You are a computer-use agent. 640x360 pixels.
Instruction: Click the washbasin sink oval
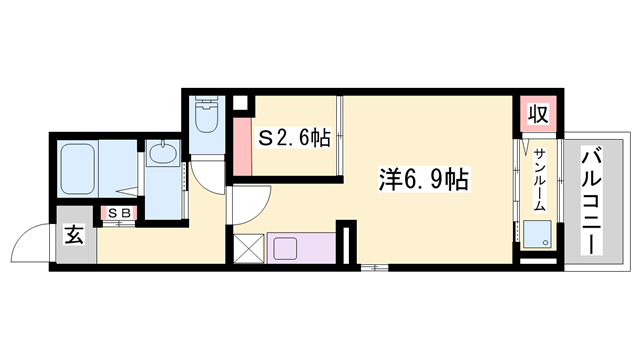point(160,154)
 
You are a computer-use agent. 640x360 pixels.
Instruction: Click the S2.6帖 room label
point(295,139)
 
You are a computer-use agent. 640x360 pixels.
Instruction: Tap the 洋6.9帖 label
point(425,180)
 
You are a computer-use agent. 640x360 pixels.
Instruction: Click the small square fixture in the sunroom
point(531,236)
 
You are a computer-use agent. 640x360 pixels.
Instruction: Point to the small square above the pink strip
point(240,102)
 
